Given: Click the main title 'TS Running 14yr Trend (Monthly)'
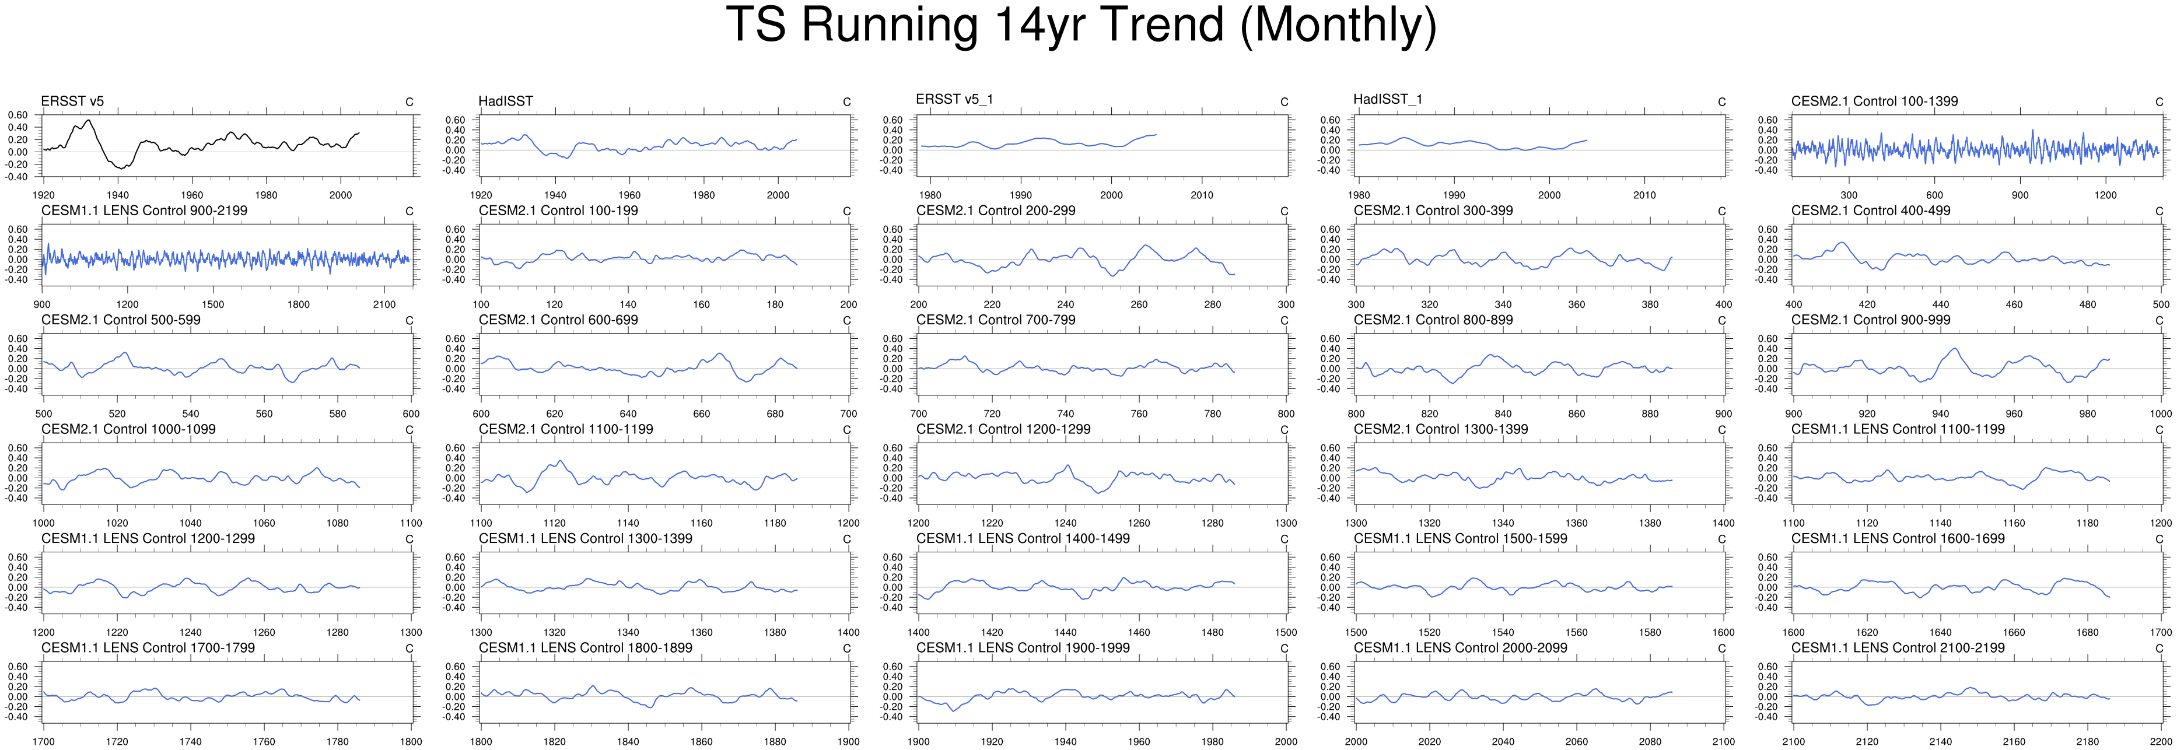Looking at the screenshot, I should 1081,25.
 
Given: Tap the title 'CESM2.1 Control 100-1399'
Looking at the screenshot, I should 1874,101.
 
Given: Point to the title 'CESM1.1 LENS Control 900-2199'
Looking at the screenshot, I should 145,211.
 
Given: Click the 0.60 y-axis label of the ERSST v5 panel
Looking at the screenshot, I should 17,115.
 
